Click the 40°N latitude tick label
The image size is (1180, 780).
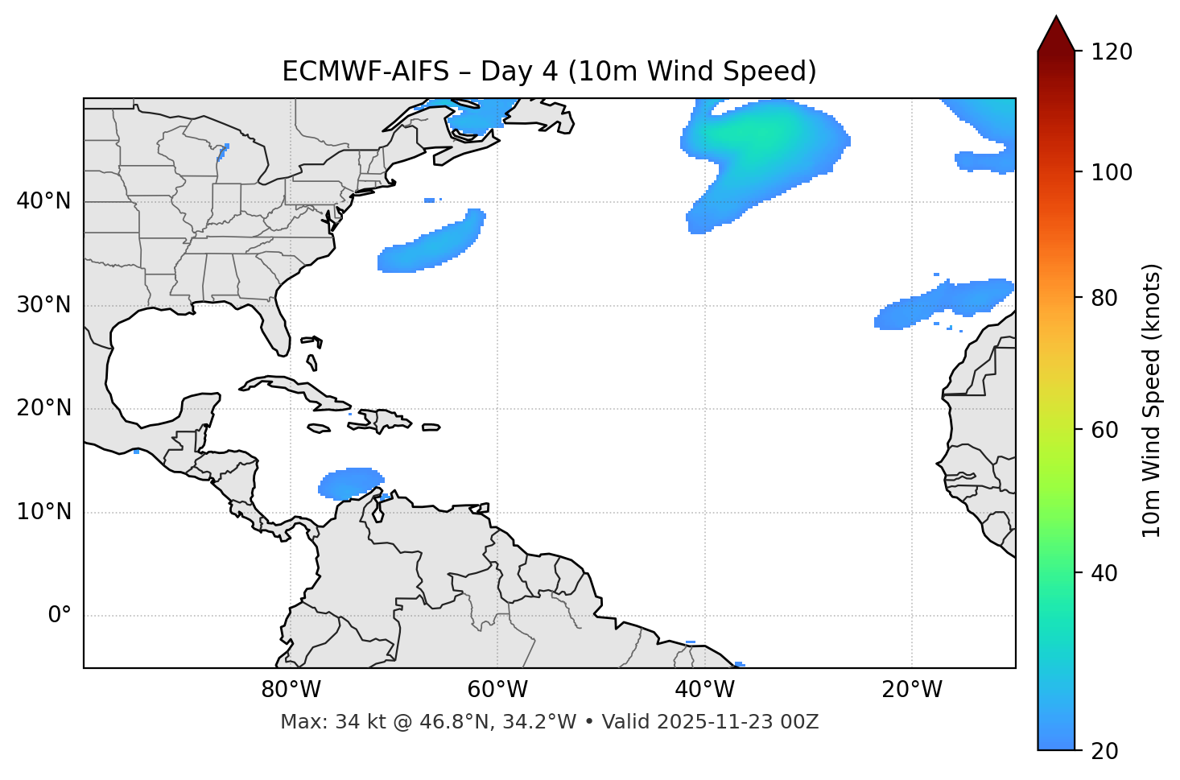coord(43,201)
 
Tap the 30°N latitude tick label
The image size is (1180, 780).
coord(43,305)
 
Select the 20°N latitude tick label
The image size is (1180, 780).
coord(43,408)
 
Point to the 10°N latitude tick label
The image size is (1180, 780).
coord(43,512)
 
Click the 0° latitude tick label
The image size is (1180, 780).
coord(59,616)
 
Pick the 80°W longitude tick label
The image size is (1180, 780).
coord(291,690)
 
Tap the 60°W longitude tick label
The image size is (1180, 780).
coord(497,690)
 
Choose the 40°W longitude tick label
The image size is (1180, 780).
coord(705,690)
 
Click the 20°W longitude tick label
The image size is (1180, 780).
coord(912,690)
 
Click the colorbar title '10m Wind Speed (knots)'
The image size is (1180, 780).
coord(1152,400)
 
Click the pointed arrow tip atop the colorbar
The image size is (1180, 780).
coord(1056,19)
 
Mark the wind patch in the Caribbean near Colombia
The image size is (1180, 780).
coord(350,482)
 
